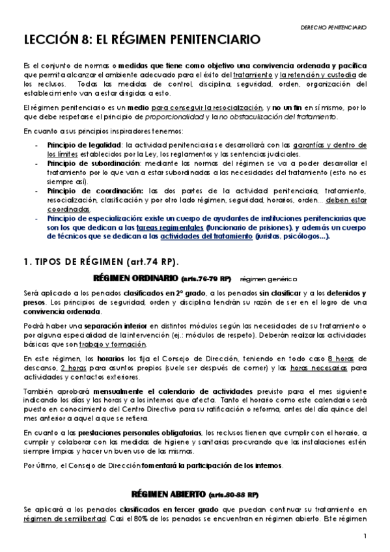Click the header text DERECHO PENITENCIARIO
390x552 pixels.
click(x=334, y=27)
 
